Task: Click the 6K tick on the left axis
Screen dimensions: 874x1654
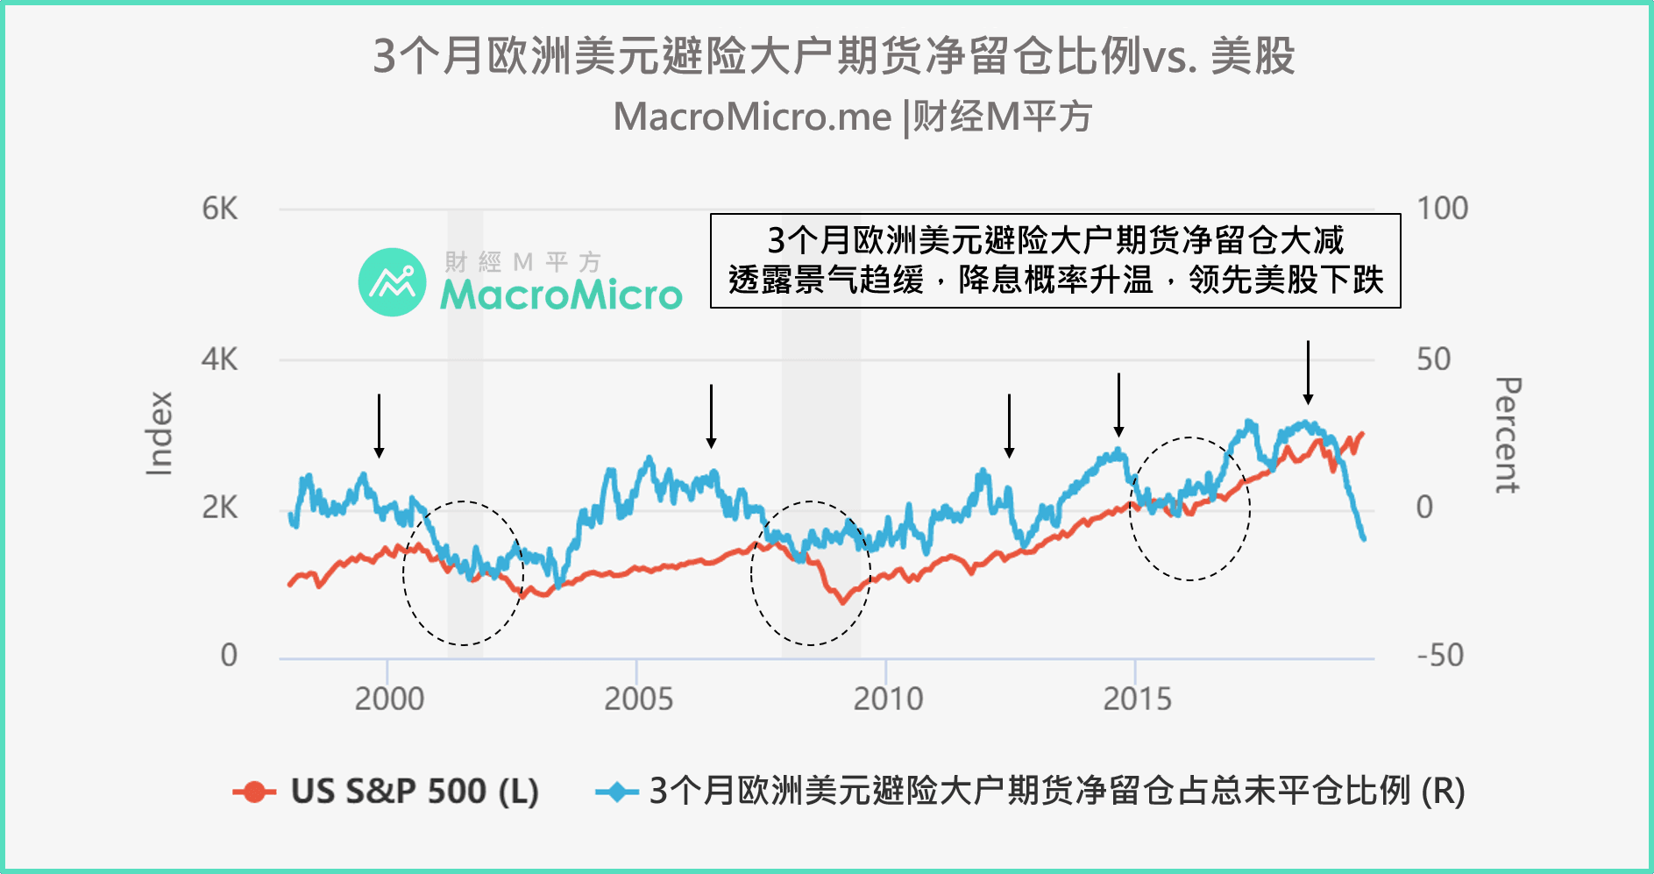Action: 219,210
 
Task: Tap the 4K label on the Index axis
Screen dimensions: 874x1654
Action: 219,359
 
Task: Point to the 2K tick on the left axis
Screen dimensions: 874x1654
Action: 219,508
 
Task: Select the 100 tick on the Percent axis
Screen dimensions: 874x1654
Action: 1443,210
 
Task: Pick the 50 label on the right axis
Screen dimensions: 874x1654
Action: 1434,359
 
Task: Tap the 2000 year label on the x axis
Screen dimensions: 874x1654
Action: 389,700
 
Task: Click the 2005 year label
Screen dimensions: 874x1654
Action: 638,700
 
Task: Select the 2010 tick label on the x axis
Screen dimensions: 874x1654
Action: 888,700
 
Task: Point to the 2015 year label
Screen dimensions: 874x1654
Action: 1137,700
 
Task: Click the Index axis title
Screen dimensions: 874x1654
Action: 160,434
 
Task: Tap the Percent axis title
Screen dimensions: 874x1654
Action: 1507,436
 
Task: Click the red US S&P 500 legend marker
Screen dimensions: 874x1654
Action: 254,792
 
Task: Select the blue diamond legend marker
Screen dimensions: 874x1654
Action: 616,792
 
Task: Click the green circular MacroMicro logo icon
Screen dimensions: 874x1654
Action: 392,282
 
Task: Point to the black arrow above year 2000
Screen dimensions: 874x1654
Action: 379,426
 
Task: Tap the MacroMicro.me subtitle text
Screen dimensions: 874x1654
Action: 852,117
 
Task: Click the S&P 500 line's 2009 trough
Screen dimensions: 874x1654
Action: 842,601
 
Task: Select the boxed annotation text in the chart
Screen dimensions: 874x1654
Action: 1055,260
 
